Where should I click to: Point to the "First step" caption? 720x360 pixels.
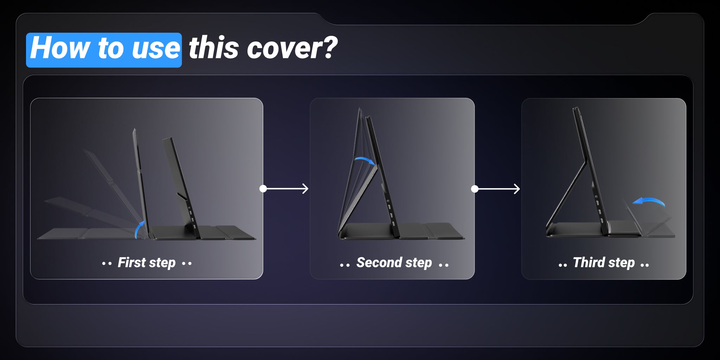click(147, 263)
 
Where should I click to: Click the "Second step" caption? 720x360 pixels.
click(394, 263)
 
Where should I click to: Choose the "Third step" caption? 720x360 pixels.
click(604, 263)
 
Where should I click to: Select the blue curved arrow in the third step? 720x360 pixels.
click(649, 200)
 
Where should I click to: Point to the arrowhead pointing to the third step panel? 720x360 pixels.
click(517, 189)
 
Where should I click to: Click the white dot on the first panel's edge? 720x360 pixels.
click(263, 189)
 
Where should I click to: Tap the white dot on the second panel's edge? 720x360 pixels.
click(475, 189)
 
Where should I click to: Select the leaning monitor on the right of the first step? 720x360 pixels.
click(181, 188)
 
